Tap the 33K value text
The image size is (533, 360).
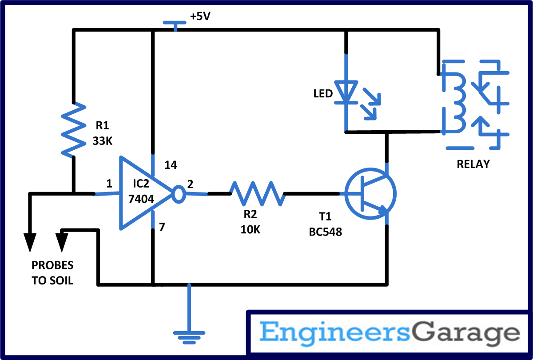coord(103,141)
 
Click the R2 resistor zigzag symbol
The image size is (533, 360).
coord(257,193)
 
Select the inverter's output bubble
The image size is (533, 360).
coord(178,194)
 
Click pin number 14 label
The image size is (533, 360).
coord(171,165)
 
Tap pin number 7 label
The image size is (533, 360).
coord(162,228)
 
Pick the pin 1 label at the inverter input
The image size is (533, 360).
coord(109,183)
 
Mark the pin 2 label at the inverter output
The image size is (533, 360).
coord(190,183)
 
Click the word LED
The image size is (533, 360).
coord(323,94)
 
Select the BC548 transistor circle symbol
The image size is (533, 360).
coord(370,194)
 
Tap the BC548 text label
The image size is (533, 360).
coord(326,232)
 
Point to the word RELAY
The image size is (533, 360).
coord(473,164)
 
